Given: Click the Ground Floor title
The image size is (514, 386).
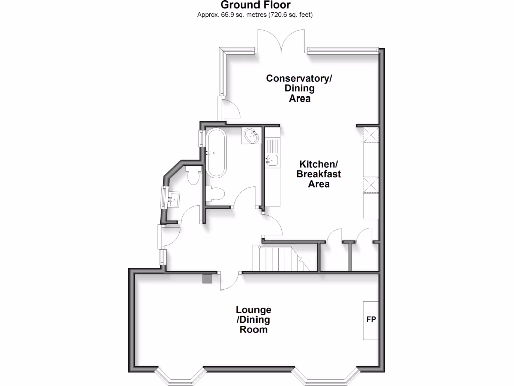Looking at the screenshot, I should tap(256, 5).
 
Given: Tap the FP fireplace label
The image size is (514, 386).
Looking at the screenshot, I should tap(371, 319).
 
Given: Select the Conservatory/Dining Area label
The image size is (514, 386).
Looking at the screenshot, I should tap(299, 88).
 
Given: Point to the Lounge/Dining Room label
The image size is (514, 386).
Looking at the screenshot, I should tap(253, 320).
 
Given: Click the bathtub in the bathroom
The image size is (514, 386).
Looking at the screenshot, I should tap(216, 153).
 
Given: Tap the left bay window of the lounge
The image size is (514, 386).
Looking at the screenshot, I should tap(179, 376).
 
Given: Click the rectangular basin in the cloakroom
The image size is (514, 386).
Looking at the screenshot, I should tap(174, 199).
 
